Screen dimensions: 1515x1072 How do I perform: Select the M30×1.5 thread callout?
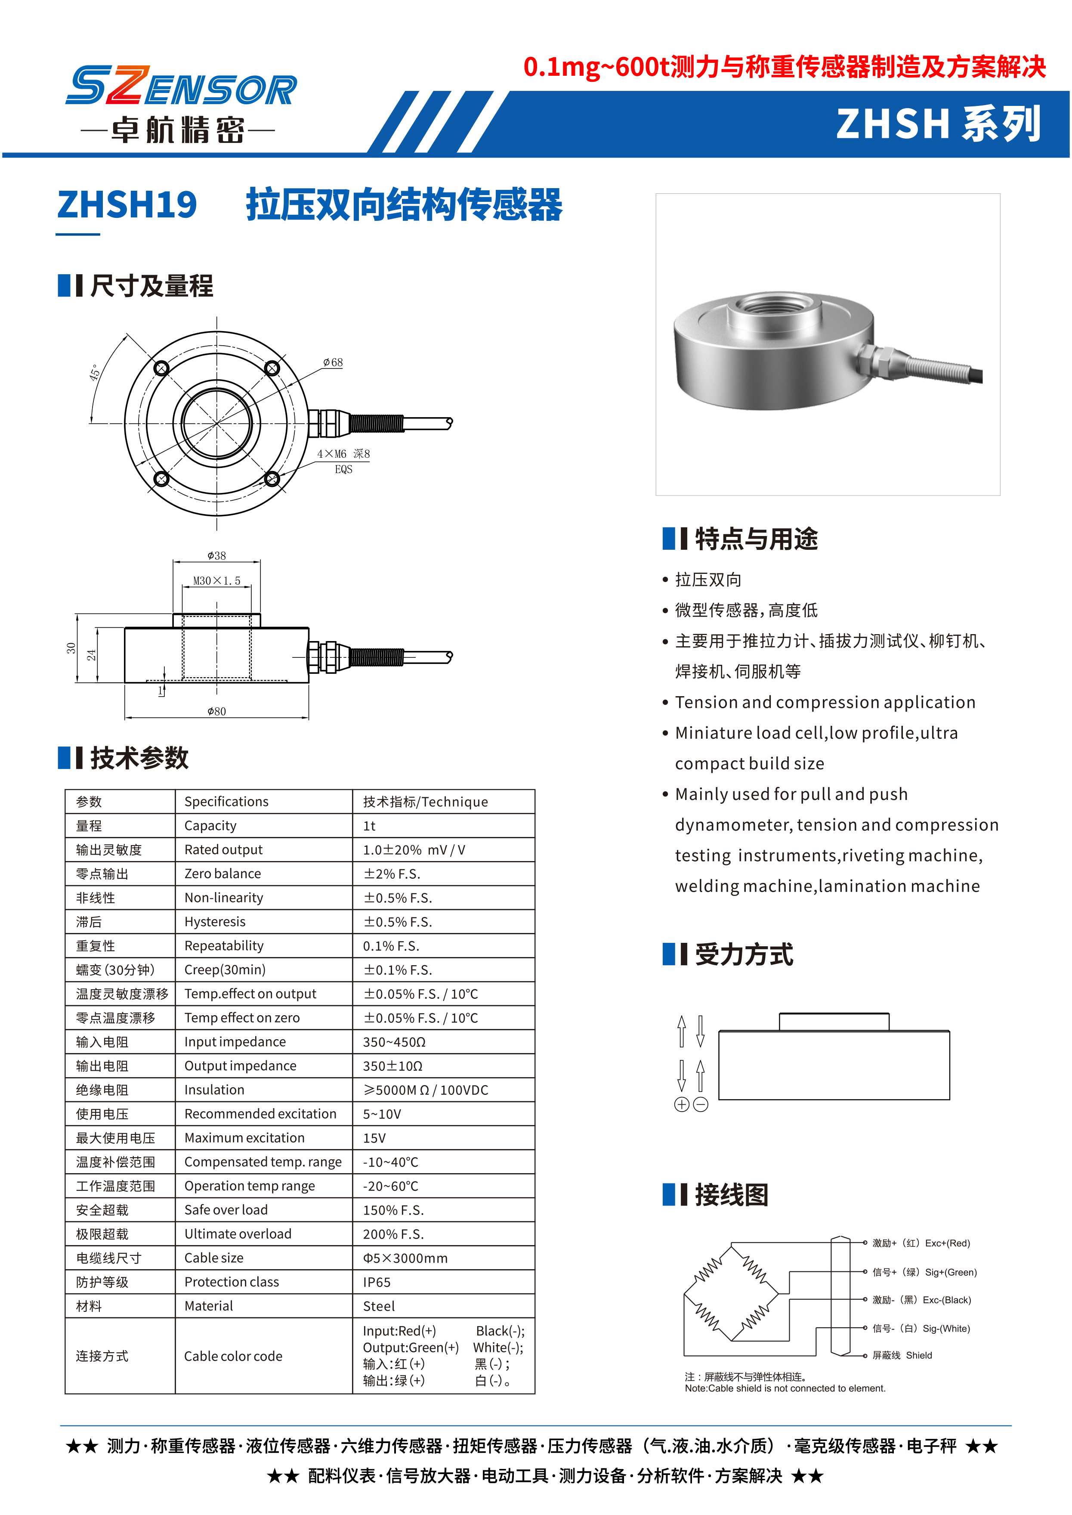click(216, 581)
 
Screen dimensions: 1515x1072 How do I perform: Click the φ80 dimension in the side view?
click(216, 711)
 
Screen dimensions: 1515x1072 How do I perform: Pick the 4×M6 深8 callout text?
click(343, 454)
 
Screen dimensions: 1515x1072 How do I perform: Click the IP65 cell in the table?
click(377, 1282)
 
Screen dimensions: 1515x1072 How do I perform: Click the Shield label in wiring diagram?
click(919, 1355)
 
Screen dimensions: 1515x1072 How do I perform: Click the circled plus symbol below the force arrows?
click(682, 1104)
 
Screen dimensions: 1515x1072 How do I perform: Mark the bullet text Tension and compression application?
click(825, 702)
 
